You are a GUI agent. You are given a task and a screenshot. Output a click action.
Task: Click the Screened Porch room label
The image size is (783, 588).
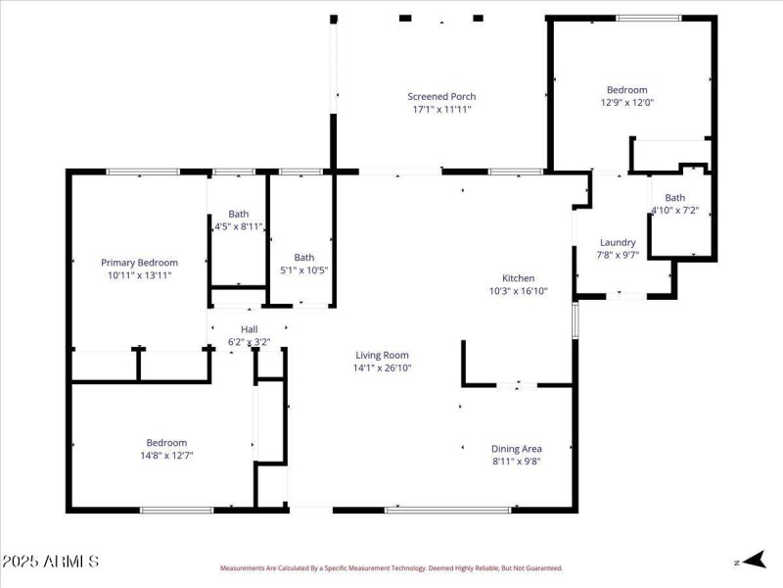(441, 96)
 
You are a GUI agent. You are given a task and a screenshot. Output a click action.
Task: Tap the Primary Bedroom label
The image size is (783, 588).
(140, 263)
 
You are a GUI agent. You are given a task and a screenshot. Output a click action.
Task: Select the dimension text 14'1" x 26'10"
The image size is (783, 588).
(382, 368)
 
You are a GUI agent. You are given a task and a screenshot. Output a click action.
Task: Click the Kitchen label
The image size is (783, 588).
(518, 278)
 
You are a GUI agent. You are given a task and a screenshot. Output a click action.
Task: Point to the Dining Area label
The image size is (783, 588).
(516, 449)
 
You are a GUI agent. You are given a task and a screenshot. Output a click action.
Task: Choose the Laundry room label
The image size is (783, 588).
(618, 242)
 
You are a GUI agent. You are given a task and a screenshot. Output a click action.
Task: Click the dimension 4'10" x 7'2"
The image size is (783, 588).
(675, 210)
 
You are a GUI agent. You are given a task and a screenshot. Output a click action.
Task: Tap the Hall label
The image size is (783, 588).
(249, 329)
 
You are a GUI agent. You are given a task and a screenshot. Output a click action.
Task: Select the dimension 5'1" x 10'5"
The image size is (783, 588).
(303, 270)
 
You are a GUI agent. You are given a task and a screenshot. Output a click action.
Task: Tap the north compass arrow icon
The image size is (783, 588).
(751, 561)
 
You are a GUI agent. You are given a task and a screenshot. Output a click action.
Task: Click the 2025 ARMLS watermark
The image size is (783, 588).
(50, 562)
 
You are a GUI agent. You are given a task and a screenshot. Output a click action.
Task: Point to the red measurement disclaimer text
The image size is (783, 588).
(391, 567)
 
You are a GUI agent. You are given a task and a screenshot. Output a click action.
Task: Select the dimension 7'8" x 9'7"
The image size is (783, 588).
(618, 255)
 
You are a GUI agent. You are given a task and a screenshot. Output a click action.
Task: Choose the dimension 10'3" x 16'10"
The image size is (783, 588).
(518, 291)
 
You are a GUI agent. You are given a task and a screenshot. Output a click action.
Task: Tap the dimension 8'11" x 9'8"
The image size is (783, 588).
(516, 462)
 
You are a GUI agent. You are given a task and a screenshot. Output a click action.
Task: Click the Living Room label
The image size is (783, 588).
(382, 356)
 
